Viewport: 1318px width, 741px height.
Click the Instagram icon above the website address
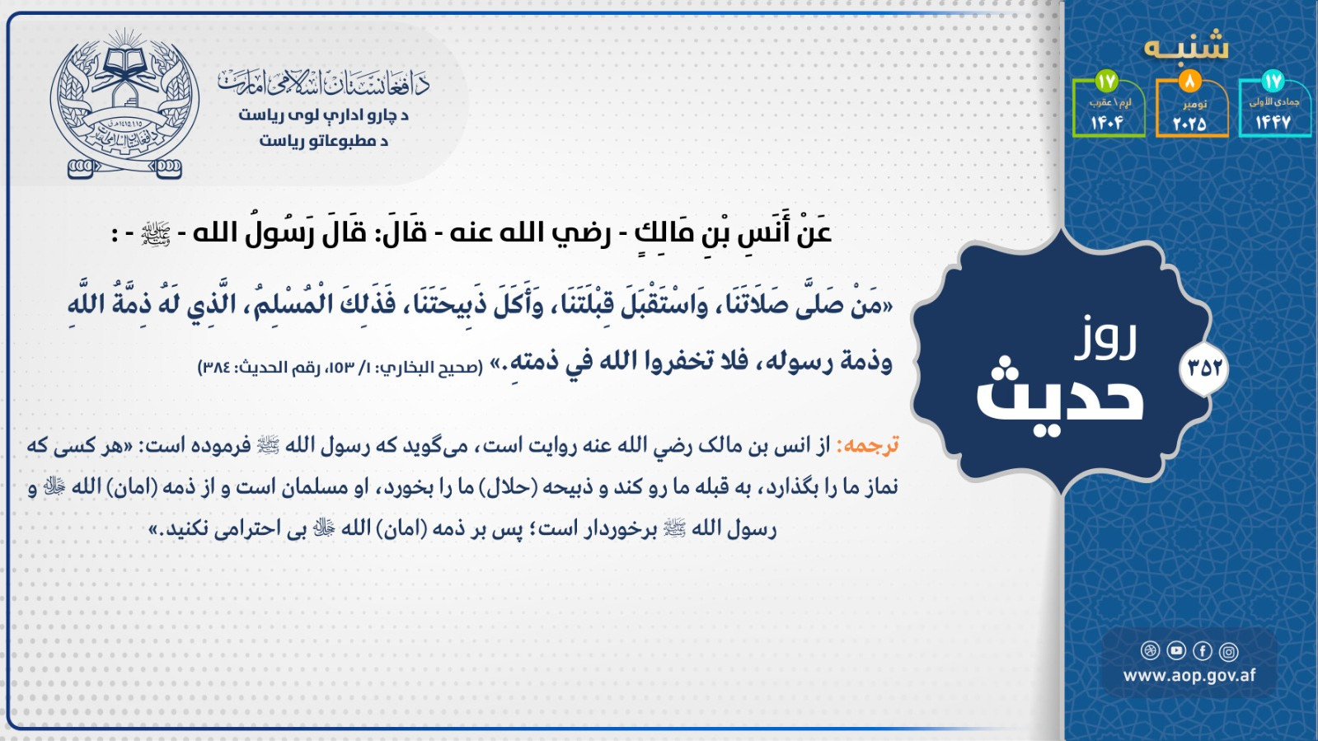[1228, 651]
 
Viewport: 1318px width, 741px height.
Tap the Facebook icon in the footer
[1202, 651]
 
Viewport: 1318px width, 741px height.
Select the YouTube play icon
[1176, 650]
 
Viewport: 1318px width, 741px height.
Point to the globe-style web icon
[1150, 650]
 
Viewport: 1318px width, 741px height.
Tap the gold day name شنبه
[1186, 46]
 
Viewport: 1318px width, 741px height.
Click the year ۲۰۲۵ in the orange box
[1189, 123]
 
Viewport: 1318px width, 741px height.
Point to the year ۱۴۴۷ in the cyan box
[1273, 123]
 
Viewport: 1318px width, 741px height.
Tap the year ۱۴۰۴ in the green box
[1107, 123]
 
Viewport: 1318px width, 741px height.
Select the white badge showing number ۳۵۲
[1204, 368]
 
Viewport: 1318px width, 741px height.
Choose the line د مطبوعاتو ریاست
[324, 141]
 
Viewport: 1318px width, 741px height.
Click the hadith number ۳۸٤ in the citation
[216, 368]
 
